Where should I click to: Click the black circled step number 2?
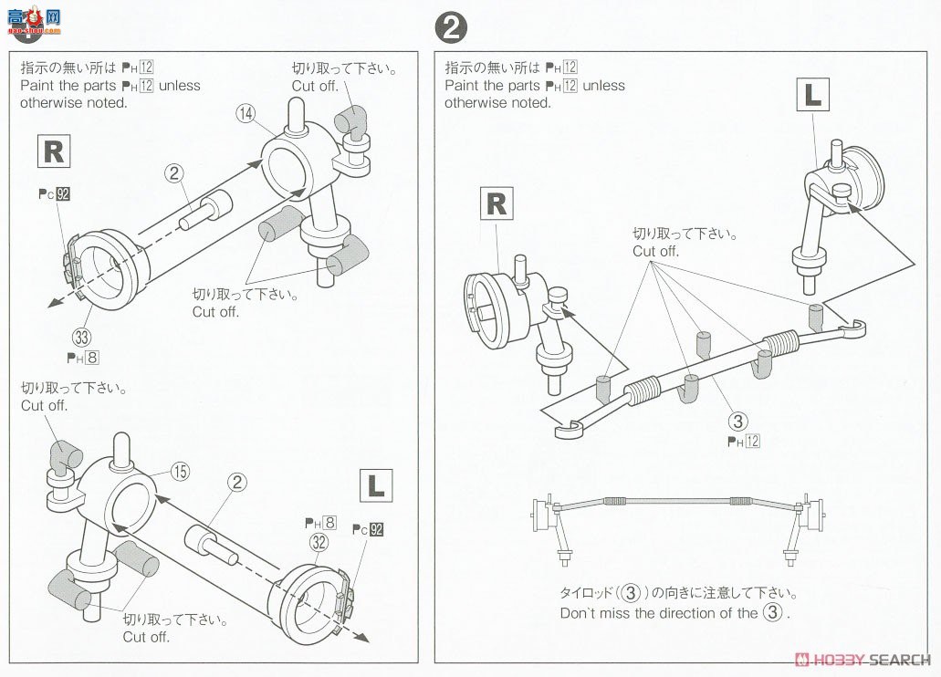coord(451,29)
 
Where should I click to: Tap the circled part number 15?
coord(180,472)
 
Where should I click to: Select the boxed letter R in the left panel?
coord(54,151)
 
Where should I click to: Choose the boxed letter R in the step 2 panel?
coord(496,203)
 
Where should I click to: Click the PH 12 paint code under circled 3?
coord(743,442)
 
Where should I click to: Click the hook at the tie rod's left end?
coord(569,427)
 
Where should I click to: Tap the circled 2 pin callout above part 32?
coord(238,481)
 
